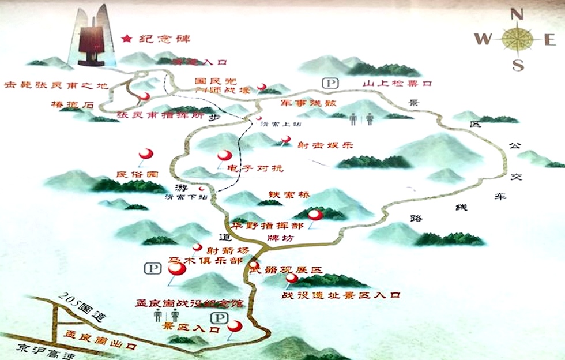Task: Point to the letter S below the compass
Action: (518, 64)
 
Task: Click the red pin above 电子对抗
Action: (224, 155)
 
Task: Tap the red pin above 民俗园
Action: (146, 153)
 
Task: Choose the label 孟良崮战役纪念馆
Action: (189, 302)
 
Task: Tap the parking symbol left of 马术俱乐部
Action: (153, 268)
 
